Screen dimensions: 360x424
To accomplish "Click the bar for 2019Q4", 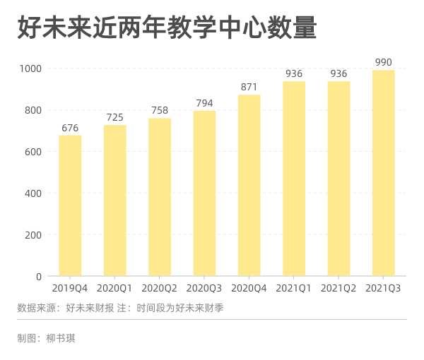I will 70,205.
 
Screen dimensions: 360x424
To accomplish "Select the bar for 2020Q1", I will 114,200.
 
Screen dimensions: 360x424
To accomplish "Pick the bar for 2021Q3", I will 383,173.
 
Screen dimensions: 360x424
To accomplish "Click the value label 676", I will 70,128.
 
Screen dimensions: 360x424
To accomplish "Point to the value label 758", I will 160,110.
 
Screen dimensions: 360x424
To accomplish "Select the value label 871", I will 249,87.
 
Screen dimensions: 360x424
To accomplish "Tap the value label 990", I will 383,62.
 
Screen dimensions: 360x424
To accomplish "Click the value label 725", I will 114,117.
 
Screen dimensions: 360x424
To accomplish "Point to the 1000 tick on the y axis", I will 31,68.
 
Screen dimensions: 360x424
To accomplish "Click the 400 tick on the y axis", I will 34,193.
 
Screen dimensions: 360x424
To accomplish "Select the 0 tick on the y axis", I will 40,277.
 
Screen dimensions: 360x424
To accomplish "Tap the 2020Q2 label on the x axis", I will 160,288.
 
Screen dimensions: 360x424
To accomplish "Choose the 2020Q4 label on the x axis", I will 249,288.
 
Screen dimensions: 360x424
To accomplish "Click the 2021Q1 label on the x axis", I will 294,288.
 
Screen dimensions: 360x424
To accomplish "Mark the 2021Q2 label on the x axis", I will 338,288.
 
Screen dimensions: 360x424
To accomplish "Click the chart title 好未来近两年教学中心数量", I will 167,29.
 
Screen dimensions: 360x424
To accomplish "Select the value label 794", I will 204,103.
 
